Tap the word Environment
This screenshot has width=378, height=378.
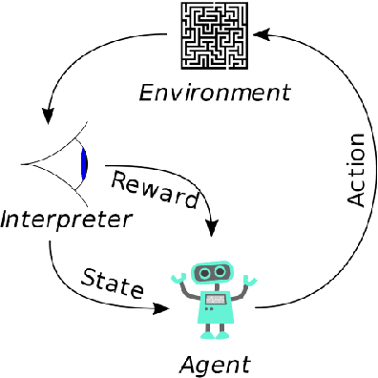pyautogui.click(x=214, y=94)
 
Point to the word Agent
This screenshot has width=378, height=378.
pyautogui.click(x=215, y=364)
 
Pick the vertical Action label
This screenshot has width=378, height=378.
pyautogui.click(x=355, y=169)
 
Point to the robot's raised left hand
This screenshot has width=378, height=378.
pyautogui.click(x=178, y=279)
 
